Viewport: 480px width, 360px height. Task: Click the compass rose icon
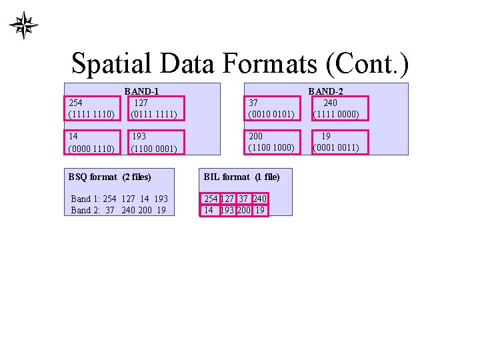pos(23,25)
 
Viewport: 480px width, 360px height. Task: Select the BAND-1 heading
pos(141,92)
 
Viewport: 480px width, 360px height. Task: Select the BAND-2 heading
pos(325,92)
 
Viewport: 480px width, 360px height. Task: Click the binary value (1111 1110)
pos(91,114)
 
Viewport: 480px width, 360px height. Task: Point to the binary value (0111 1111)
pos(154,114)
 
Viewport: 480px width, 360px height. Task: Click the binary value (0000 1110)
pos(91,148)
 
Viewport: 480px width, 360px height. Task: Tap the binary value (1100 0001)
pos(154,148)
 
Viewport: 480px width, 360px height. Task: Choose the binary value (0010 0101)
pos(271,114)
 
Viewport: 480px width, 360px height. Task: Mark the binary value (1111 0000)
pos(336,114)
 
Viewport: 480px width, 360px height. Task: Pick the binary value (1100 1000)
pos(271,147)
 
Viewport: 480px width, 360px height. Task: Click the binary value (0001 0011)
pos(336,147)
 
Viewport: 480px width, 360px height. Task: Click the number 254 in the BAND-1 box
pos(76,103)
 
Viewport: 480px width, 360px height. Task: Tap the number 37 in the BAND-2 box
pos(253,103)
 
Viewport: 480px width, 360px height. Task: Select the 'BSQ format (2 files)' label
pos(110,177)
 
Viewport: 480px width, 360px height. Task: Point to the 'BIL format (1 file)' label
pos(241,177)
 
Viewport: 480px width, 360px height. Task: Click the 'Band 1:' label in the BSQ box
pos(85,199)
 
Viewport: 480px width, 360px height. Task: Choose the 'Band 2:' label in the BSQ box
pos(85,210)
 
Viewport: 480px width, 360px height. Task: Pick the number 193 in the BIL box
pos(227,210)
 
